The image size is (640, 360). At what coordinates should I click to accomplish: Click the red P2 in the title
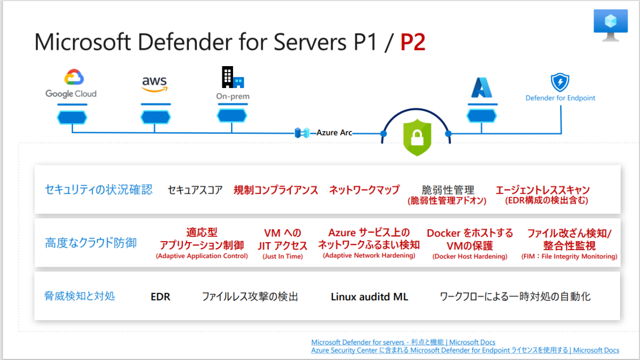pos(413,43)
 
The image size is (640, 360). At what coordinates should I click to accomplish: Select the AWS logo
pos(154,83)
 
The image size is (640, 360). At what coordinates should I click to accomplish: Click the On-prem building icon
pos(233,78)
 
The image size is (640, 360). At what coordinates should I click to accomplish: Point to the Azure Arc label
pos(334,132)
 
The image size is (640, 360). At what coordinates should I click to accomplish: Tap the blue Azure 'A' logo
pos(482,87)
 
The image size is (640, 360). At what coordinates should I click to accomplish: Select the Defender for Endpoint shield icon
pos(560,83)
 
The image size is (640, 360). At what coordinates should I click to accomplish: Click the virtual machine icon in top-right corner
pos(611,25)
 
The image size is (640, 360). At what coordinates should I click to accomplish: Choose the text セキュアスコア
pos(195,190)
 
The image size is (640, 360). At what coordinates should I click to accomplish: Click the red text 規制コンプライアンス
pos(276,190)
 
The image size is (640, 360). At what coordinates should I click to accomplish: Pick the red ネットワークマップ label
pos(364,190)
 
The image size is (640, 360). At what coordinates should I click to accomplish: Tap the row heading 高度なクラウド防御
pos(91,243)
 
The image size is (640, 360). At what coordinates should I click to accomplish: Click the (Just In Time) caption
pos(283,257)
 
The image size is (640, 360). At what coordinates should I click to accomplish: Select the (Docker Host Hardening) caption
pos(469,257)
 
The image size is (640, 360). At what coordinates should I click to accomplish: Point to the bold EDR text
pos(161,297)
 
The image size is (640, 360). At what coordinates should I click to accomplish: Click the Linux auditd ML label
pos(369,297)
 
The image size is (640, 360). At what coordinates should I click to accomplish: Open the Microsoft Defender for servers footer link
pos(403,342)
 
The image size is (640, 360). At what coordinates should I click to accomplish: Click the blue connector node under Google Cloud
pos(72,116)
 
